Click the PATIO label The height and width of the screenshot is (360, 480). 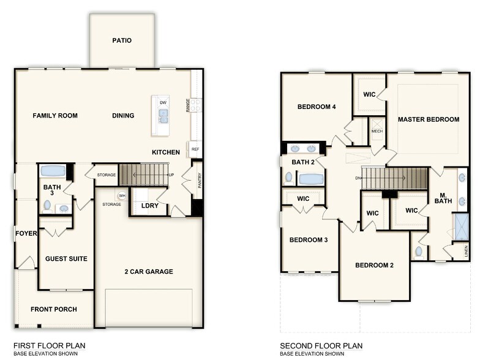pos(122,41)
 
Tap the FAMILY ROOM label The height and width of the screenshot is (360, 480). pos(55,116)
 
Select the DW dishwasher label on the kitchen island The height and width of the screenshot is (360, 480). pos(163,102)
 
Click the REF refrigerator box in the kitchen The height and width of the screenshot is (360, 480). pos(195,149)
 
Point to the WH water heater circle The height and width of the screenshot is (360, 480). pos(122,196)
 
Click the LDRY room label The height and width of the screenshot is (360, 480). pos(150,205)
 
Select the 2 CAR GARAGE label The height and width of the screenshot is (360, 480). pos(149,271)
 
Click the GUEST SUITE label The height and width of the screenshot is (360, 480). pos(66,259)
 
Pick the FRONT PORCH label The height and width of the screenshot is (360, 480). pos(54,309)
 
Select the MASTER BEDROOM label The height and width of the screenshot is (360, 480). pos(429,119)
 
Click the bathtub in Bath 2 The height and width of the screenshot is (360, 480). pos(311,179)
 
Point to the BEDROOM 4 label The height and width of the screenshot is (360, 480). pos(317,107)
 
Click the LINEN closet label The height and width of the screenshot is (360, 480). pos(466,250)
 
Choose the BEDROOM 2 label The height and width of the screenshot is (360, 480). pos(375,265)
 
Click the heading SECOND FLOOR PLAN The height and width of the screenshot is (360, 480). pos(321,345)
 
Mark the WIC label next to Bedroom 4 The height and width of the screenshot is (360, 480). pos(369,94)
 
